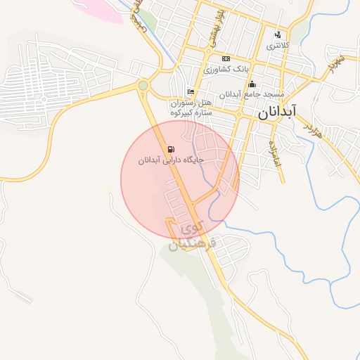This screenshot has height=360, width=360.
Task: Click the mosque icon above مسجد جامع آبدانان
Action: click(252, 84)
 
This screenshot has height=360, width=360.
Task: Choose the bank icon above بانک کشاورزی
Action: click(226, 58)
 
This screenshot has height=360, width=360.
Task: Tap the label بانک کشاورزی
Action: click(226, 70)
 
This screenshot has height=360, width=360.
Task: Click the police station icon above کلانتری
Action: click(278, 34)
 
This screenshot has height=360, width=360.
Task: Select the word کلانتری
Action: click(278, 45)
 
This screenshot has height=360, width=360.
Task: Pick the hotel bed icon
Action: click(191, 91)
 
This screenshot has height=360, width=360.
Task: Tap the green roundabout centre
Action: click(143, 85)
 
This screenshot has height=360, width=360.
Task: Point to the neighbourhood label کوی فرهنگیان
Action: click(197, 237)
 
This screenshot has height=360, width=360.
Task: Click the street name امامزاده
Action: click(275, 151)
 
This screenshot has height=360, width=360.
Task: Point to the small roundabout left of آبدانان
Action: click(239, 113)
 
